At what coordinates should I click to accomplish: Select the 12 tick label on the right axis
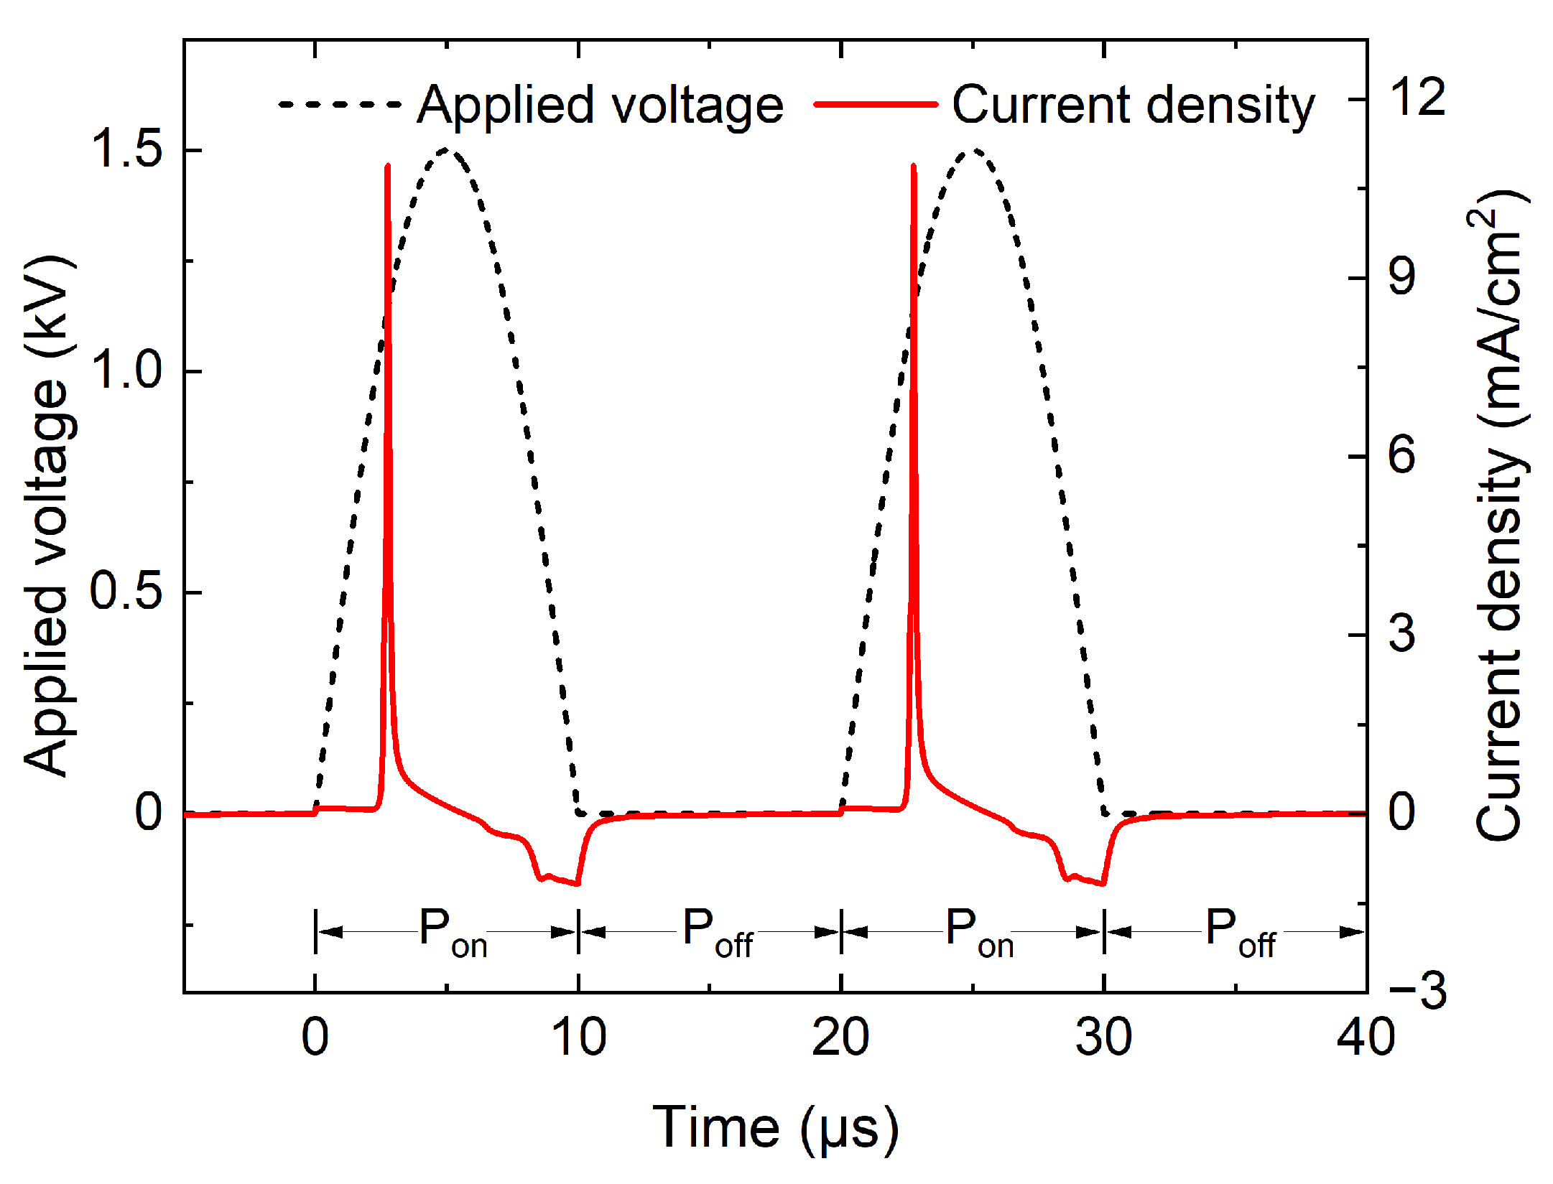1417,98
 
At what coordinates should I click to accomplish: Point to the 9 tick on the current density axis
1402,276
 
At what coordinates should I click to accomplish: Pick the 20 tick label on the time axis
840,1038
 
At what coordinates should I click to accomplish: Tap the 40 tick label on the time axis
1365,1038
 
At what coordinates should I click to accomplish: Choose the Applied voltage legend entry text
600,106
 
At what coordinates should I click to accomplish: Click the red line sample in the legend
876,104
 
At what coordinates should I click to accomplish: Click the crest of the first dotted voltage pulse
448,149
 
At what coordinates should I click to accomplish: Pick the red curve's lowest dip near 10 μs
577,884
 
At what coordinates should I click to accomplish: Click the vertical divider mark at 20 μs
841,932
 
